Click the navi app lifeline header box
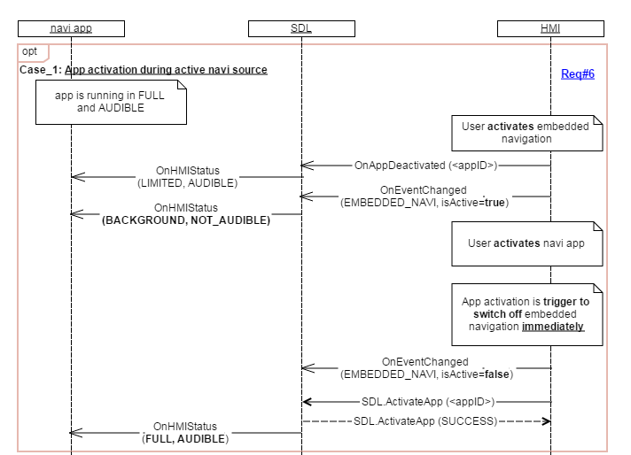coord(71,28)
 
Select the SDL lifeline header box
coord(301,28)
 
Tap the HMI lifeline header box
coord(550,28)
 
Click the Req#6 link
coord(577,74)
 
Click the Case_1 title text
coord(143,69)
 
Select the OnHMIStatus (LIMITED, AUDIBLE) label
coord(187,177)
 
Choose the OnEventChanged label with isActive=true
coord(425,197)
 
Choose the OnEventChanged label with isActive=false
coord(425,368)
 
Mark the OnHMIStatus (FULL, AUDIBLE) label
coord(185,432)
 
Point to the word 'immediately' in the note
coord(553,327)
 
